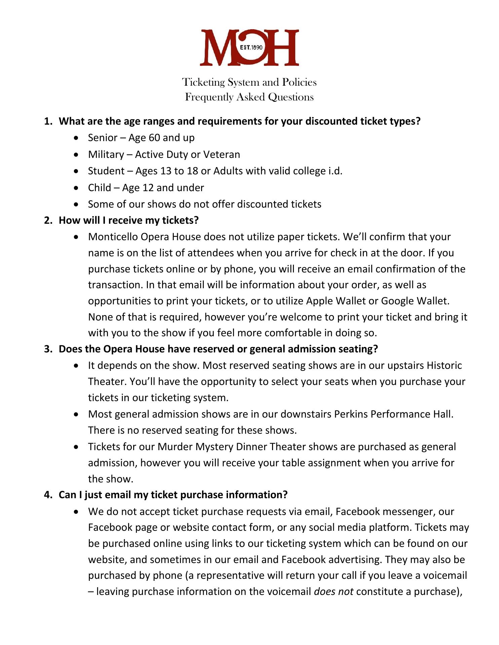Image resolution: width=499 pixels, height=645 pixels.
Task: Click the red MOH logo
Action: point(249,47)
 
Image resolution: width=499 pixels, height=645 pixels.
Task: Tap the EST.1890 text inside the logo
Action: point(251,47)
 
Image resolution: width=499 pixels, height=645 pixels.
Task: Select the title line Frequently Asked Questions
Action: point(249,97)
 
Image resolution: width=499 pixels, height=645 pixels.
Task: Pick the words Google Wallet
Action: point(415,301)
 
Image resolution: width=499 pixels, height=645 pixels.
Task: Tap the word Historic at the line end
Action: point(444,365)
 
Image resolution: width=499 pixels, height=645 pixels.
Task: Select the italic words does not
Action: point(333,592)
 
